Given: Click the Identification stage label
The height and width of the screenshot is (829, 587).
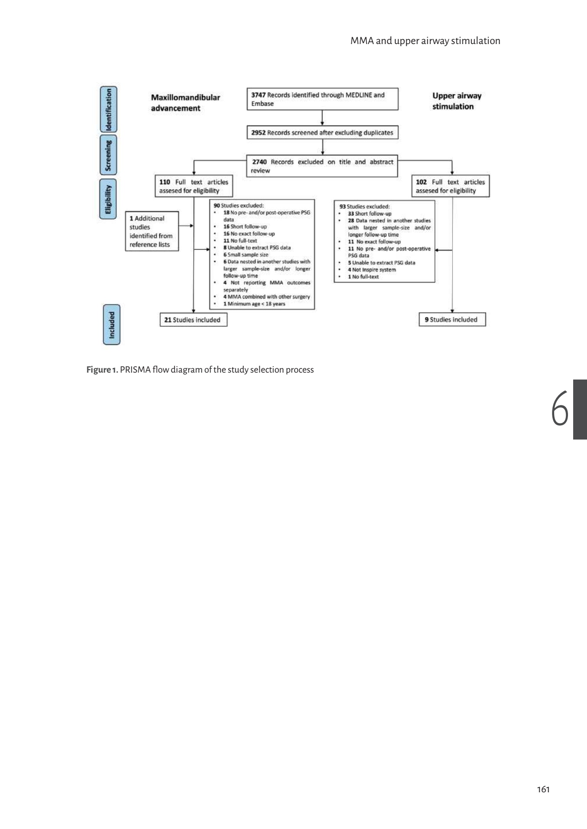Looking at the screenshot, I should click(108, 110).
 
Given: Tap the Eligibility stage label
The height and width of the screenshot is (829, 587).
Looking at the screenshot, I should click(108, 199).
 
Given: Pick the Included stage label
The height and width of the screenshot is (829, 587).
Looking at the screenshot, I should click(112, 325).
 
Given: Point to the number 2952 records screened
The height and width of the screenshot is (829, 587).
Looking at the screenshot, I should click(258, 133).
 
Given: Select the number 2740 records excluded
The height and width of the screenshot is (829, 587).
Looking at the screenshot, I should click(259, 162).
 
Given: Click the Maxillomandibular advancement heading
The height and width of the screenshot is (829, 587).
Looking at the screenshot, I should click(185, 103).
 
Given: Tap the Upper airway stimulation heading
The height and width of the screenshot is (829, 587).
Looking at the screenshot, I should click(456, 101).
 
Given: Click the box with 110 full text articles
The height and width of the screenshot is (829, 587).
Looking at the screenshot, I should click(193, 186).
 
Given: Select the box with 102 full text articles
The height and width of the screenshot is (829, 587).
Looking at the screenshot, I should click(450, 186).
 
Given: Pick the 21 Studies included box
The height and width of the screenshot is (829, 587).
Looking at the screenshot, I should click(193, 320).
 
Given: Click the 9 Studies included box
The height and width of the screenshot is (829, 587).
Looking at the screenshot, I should click(452, 320).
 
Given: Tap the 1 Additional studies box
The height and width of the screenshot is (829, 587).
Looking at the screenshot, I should click(152, 231).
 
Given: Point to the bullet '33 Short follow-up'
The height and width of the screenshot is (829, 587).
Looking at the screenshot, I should click(370, 213).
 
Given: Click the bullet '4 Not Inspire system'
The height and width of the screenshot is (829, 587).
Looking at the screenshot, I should click(372, 269).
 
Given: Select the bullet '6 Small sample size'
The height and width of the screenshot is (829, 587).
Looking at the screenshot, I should click(246, 255).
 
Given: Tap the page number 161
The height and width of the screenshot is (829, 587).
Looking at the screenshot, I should click(543, 790).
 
